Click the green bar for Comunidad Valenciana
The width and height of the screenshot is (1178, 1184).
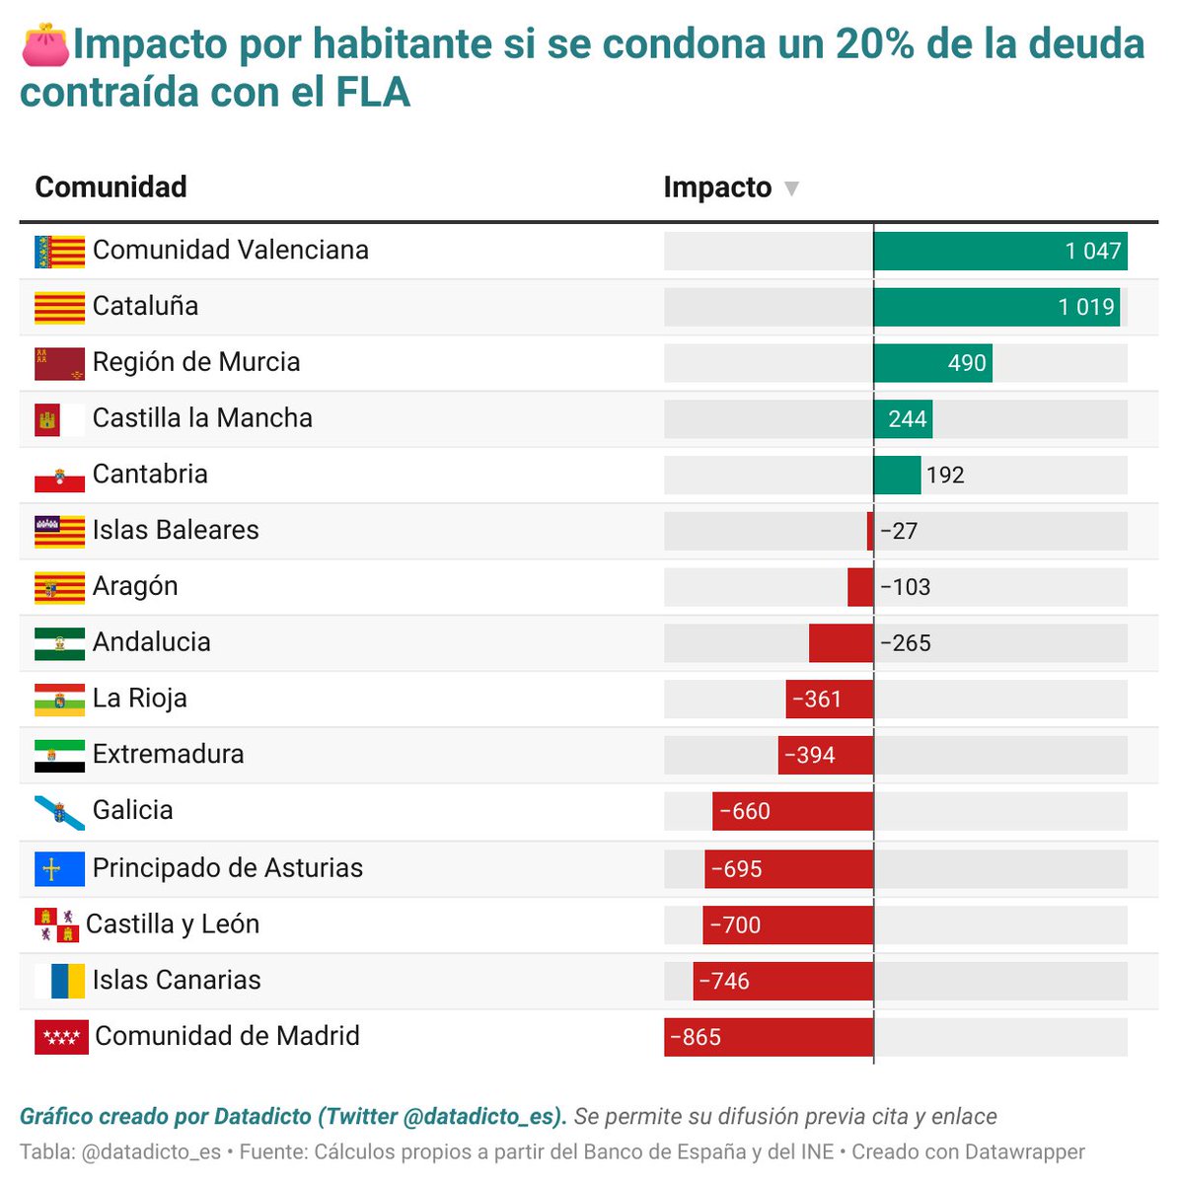(999, 252)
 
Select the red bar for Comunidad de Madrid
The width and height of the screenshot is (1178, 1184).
(769, 1037)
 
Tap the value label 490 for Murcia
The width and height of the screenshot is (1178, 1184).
(967, 363)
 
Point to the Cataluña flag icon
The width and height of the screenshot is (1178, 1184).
(59, 308)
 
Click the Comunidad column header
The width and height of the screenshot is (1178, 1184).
(110, 186)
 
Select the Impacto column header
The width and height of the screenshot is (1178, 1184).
(717, 187)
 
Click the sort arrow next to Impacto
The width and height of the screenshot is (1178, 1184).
(790, 188)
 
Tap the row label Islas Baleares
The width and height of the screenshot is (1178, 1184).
(176, 530)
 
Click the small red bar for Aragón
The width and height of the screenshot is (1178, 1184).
(860, 587)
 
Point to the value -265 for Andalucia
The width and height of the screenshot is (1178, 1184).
(906, 643)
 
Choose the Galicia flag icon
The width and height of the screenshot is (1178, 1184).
(59, 812)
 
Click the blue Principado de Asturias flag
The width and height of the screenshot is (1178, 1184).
(59, 869)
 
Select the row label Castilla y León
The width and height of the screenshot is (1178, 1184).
(173, 925)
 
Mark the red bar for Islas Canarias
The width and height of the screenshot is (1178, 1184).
(783, 982)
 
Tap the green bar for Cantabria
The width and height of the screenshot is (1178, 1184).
(897, 476)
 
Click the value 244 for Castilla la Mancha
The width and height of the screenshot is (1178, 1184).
(907, 419)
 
